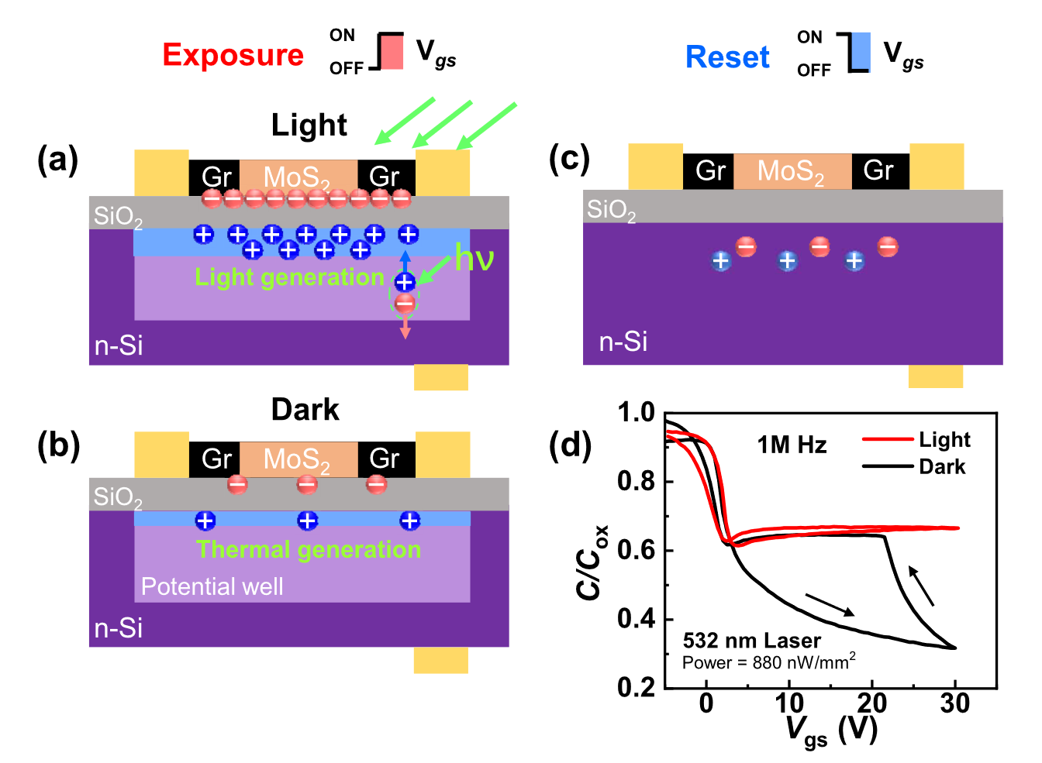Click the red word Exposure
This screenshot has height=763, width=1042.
233,55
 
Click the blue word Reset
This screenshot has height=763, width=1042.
727,57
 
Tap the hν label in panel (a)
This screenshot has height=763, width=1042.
474,258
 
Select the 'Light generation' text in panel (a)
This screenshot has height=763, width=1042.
289,277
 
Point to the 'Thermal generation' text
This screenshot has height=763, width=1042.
309,549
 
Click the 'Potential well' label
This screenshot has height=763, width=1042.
212,586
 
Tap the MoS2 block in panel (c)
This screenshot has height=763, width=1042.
792,171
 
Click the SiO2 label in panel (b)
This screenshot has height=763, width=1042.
118,497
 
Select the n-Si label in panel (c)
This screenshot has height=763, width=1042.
623,342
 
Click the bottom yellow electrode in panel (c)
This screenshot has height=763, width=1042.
935,376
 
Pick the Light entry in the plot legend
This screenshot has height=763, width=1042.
944,440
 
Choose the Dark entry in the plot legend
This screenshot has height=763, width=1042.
942,466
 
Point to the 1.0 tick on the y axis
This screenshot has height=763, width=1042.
636,412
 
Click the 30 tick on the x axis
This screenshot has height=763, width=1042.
954,703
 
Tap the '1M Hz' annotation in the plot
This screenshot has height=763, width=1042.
792,445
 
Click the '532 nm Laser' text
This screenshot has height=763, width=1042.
751,641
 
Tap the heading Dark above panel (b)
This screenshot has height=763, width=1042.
305,410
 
